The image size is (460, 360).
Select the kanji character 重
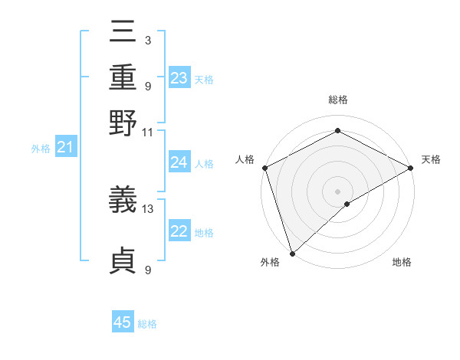point(123,78)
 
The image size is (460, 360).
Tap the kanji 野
point(123,122)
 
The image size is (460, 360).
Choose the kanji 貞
point(123,261)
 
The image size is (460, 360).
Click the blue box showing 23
point(179,78)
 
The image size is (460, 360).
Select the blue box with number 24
point(179,162)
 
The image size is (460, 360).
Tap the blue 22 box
point(179,232)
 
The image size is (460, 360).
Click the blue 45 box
point(123,322)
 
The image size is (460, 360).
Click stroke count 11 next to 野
point(148,132)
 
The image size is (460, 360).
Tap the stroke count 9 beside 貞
point(147,270)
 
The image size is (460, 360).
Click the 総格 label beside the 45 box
point(147,324)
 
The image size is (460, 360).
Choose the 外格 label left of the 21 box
point(40,149)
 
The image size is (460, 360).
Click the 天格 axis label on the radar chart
point(431,159)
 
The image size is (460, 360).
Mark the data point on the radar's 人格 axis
point(264,168)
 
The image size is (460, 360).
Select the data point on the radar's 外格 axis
point(292,253)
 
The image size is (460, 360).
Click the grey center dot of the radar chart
point(337,191)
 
